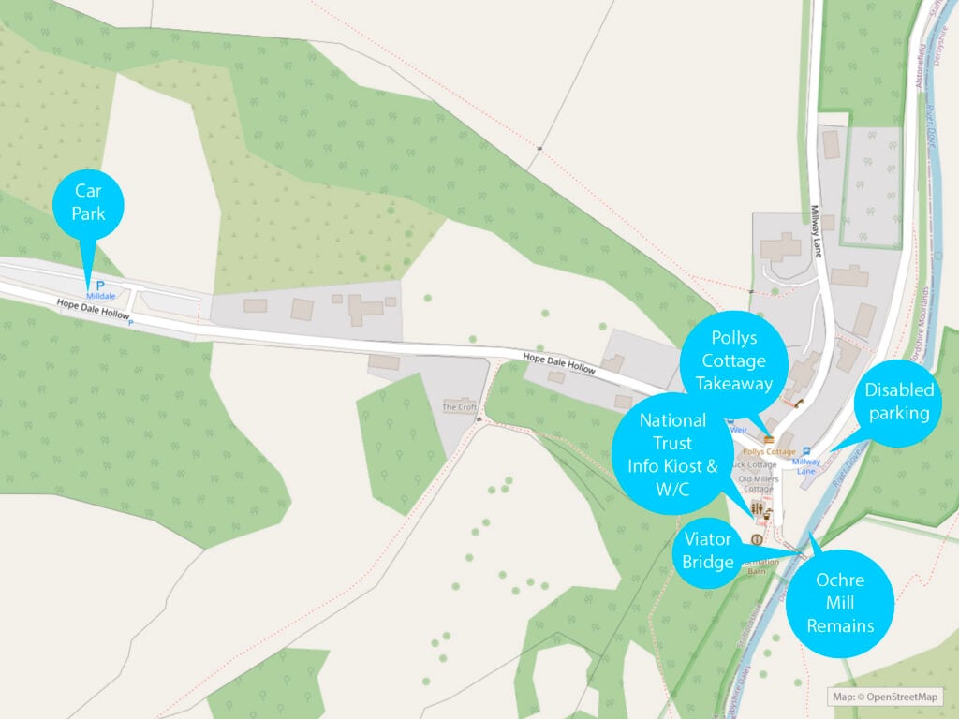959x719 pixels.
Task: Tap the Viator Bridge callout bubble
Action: pyautogui.click(x=707, y=550)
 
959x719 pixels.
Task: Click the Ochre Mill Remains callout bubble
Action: pyautogui.click(x=840, y=603)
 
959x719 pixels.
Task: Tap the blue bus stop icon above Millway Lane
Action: pyautogui.click(x=805, y=451)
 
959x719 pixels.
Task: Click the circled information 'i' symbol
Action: pyautogui.click(x=757, y=540)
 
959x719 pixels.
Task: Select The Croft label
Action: pyautogui.click(x=460, y=407)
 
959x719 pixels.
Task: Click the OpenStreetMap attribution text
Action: pyautogui.click(x=885, y=697)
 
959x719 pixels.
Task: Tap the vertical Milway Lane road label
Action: pyautogui.click(x=816, y=224)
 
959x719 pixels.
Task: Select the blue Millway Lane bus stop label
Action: pyautogui.click(x=806, y=466)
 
